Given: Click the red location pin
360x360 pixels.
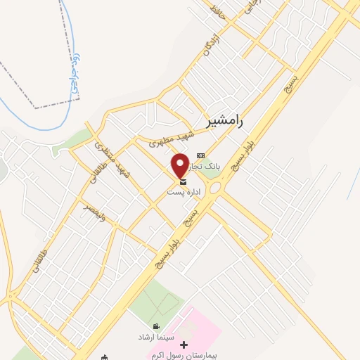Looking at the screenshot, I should click(180, 165).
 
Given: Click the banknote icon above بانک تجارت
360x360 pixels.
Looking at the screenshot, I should click(201, 155).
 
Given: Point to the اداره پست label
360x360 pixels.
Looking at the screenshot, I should click(184, 192).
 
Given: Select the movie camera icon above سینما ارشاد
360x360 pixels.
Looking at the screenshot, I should click(156, 327).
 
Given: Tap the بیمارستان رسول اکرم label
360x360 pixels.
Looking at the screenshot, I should click(185, 356).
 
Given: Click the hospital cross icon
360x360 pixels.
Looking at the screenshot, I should click(184, 345).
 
